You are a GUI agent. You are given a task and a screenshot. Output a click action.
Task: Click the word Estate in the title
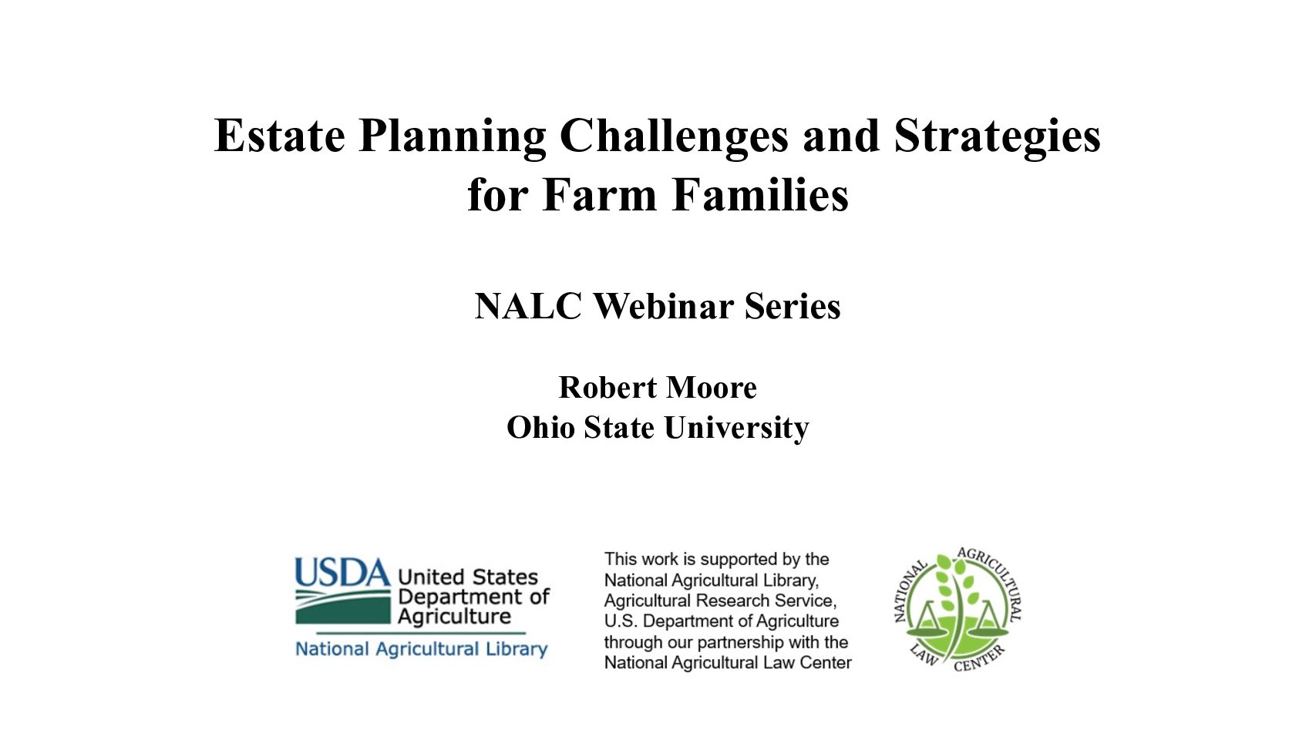[280, 135]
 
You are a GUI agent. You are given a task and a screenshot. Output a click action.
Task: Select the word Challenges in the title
[674, 137]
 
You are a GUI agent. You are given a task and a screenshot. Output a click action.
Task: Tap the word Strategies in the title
[997, 137]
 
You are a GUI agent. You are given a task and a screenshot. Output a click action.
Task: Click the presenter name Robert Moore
[658, 388]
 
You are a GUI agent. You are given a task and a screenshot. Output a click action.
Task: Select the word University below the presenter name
[736, 428]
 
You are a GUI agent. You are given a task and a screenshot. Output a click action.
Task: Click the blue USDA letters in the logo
[342, 572]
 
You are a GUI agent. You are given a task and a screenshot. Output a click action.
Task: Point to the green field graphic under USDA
[342, 607]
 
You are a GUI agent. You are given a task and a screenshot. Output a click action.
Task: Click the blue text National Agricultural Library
[421, 649]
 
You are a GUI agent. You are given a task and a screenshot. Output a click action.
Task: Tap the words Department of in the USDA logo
[473, 597]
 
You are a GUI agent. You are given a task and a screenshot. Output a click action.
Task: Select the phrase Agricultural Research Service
[720, 600]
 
